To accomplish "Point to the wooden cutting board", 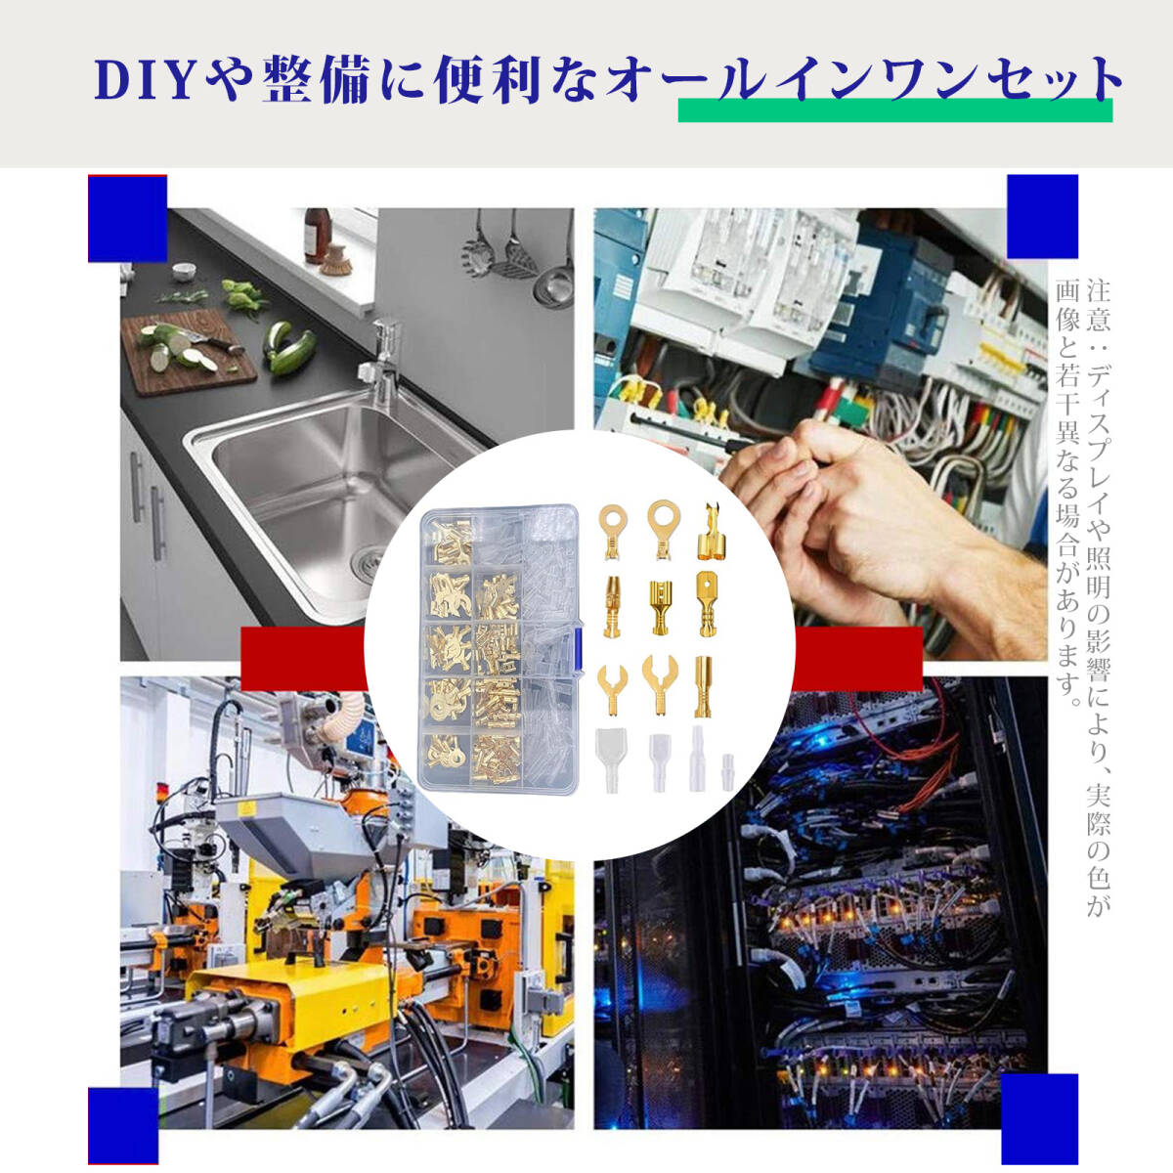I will [188, 354].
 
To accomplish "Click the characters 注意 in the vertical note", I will [1098, 305].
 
